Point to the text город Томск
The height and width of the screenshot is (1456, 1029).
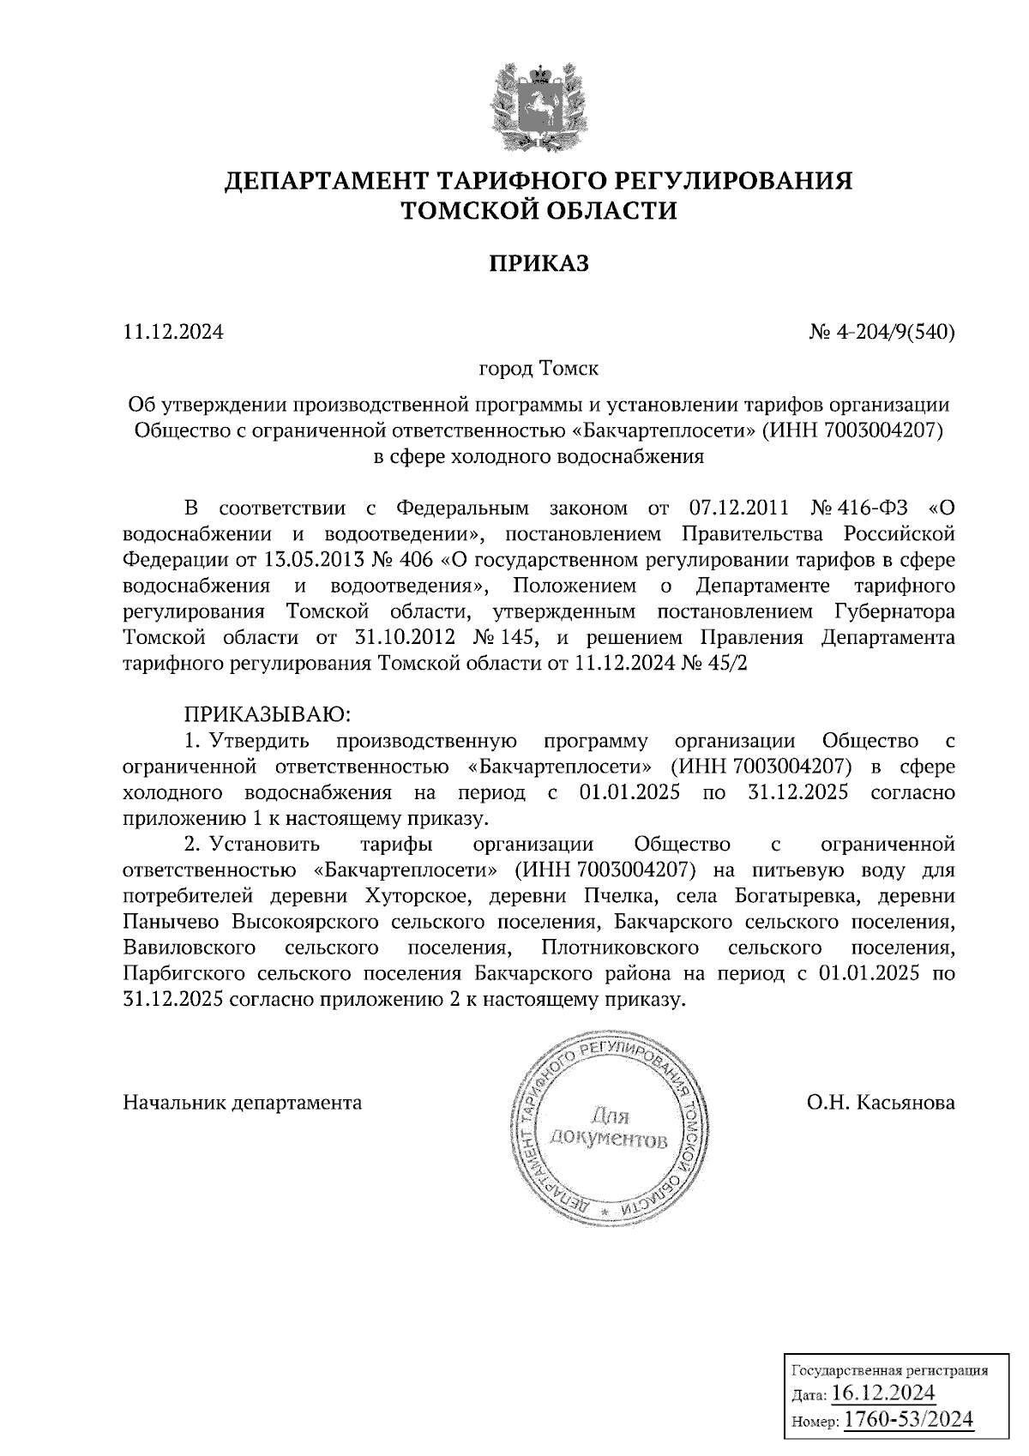click(539, 370)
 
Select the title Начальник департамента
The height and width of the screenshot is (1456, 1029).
click(243, 1103)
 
